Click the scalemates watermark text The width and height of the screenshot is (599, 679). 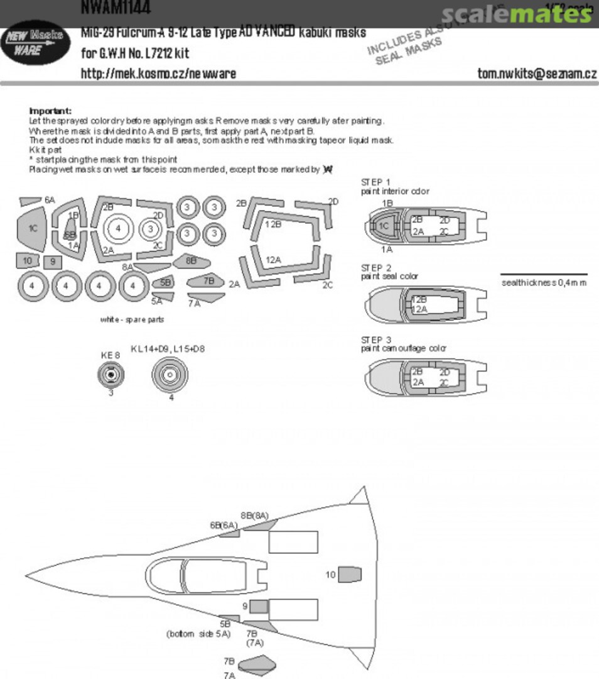click(516, 14)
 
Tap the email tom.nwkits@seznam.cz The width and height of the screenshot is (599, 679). click(537, 74)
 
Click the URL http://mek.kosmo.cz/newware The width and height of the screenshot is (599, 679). click(158, 74)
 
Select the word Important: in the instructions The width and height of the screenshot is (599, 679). click(50, 111)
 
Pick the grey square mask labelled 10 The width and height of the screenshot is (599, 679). click(27, 261)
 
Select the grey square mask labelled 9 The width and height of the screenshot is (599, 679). click(53, 262)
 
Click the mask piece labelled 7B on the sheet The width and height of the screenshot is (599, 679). click(208, 281)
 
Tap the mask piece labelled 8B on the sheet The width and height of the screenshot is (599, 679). click(190, 260)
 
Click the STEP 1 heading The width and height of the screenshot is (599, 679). click(376, 182)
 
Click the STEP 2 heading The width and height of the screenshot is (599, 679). click(376, 268)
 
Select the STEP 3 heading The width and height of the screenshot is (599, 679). click(376, 339)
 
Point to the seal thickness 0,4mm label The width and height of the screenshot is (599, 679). click(544, 282)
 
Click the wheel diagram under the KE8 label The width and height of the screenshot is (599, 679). click(111, 375)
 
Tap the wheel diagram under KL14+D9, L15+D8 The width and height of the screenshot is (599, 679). click(170, 375)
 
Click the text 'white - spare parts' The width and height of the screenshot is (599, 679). click(132, 319)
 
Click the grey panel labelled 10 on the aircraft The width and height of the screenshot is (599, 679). click(350, 574)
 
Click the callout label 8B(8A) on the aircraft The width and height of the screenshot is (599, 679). click(254, 516)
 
